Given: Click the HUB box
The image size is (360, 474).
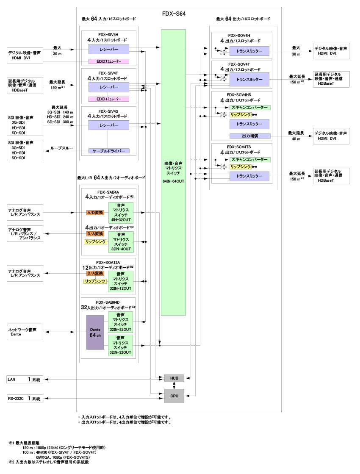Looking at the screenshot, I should point(174,378).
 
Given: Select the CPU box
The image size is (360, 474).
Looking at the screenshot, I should point(174,396).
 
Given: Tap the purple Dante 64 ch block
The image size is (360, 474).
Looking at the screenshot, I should point(95,332).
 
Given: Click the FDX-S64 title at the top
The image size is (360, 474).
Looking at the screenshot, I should point(174,14).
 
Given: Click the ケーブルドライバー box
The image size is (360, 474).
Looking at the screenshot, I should point(109,151).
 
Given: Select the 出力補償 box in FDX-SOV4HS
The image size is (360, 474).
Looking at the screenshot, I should point(249,136).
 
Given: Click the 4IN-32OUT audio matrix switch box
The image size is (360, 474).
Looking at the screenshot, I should point(121,212).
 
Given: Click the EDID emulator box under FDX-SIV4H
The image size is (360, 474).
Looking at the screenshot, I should point(109,61).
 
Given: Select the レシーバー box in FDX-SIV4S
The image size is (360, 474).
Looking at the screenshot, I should point(109,125).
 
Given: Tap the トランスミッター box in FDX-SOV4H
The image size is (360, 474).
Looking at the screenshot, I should point(249,51).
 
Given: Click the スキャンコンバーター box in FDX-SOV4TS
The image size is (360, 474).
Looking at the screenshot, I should point(249,160).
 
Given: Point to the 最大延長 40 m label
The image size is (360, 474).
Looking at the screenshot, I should point(295,136).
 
